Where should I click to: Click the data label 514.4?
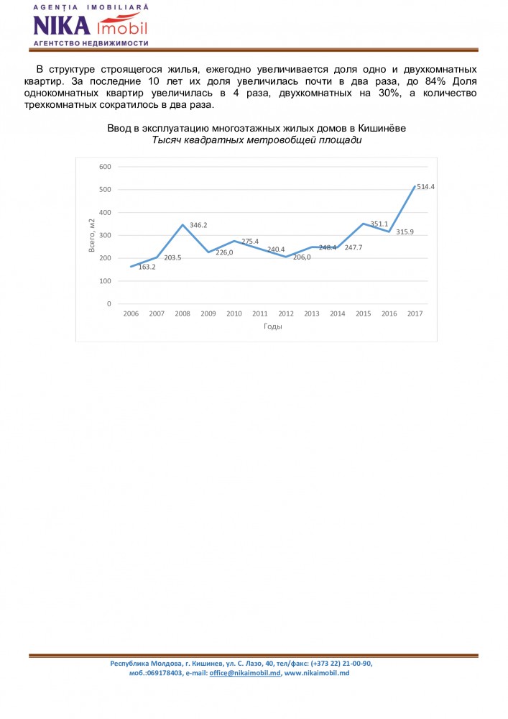(426, 187)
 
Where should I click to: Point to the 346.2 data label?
(199, 225)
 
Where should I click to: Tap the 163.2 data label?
(147, 267)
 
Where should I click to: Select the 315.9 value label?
(405, 232)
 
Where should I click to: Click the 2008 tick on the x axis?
(183, 314)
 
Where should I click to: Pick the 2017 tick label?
(415, 314)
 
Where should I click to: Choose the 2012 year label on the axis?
(286, 314)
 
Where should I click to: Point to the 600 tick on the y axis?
(105, 167)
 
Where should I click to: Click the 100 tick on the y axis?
(105, 281)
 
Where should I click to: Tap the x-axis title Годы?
(272, 326)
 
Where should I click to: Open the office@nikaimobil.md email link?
(244, 673)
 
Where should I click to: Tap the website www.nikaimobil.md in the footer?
(317, 673)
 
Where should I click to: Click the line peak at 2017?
(415, 186)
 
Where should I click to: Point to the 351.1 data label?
(379, 224)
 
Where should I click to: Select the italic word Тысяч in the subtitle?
(167, 139)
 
